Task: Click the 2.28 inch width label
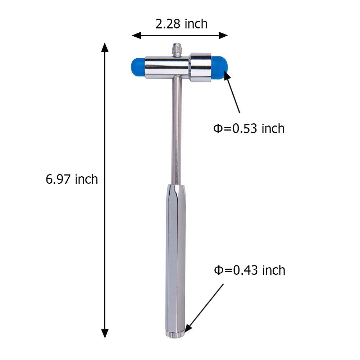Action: [x=181, y=24]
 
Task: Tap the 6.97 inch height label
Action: [x=72, y=179]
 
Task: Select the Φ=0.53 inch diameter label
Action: [x=249, y=128]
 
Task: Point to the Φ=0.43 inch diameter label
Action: [x=250, y=270]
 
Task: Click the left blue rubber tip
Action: [x=138, y=67]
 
